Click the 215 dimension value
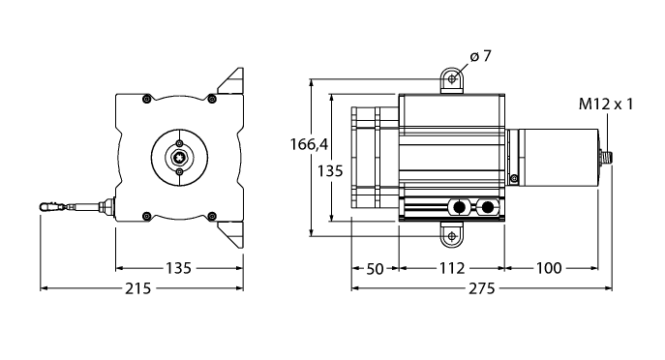click(x=137, y=288)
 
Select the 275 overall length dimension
click(x=482, y=288)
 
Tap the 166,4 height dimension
click(x=309, y=144)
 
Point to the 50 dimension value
click(x=375, y=268)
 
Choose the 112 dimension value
click(x=452, y=268)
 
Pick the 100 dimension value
click(x=549, y=268)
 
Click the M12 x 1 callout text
click(x=606, y=104)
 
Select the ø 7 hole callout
click(x=480, y=55)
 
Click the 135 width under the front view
click(x=178, y=268)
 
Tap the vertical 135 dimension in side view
click(x=330, y=171)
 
